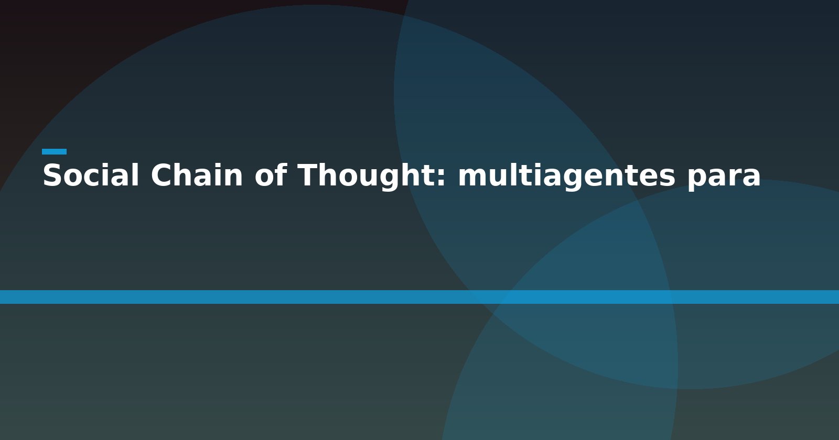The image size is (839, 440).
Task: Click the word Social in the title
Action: coord(91,175)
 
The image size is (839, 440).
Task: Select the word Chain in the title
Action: coord(197,175)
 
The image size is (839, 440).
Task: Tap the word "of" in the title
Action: coord(271,175)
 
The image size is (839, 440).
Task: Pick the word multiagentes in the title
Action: coord(567,177)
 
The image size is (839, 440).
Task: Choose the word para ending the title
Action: coord(724,179)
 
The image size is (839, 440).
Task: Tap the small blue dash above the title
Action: coord(55,151)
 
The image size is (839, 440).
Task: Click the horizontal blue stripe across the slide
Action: coord(419,296)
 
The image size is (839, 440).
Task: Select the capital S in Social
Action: coord(52,175)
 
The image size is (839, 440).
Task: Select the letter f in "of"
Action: coord(281,174)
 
